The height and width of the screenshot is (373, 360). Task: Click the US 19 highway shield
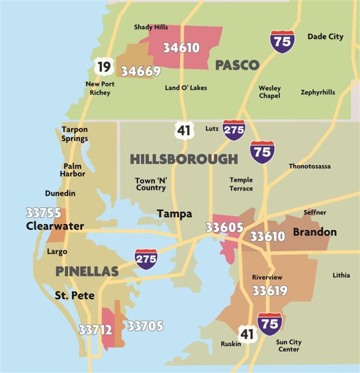(x=104, y=67)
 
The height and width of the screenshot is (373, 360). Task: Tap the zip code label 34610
(x=181, y=47)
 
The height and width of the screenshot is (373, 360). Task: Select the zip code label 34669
(x=141, y=71)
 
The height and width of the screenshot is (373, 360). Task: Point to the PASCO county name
(x=237, y=65)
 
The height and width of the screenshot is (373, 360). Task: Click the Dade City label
(x=325, y=37)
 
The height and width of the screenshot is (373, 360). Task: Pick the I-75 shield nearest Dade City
(x=282, y=41)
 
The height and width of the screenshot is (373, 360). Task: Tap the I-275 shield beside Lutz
(x=233, y=130)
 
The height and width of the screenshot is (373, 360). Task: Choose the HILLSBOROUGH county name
(x=184, y=159)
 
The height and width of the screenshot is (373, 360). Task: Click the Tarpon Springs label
(x=75, y=134)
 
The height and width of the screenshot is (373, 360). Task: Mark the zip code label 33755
(x=43, y=213)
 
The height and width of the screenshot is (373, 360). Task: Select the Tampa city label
(x=174, y=214)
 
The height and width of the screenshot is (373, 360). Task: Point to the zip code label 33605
(x=225, y=228)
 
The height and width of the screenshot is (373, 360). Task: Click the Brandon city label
(x=315, y=232)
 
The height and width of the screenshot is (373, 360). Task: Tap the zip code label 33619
(x=270, y=291)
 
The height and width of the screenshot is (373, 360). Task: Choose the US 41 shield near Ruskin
(x=247, y=334)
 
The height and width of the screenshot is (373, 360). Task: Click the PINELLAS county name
(x=87, y=271)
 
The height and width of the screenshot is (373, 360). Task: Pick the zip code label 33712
(x=96, y=330)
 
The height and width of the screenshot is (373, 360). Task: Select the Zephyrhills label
(x=318, y=92)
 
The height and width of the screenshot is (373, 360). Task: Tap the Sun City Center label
(x=289, y=345)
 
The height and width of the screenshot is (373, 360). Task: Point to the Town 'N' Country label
(x=150, y=184)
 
